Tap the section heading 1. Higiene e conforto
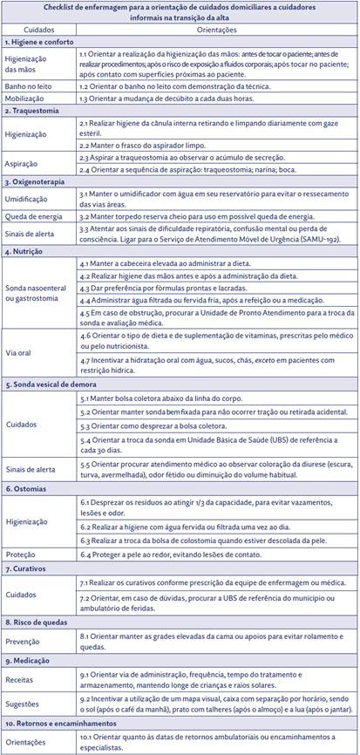pyautogui.click(x=38, y=41)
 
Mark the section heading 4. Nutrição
pyautogui.click(x=26, y=252)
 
